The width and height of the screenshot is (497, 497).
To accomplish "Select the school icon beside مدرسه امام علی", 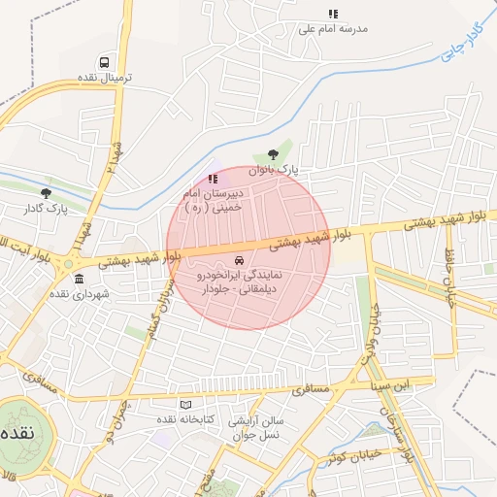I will coord(333,15).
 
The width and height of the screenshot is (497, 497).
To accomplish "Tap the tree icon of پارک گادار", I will coord(46,193).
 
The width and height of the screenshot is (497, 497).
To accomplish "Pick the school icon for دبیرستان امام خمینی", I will coord(213,179).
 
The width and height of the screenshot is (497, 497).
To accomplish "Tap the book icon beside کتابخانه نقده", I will coord(185,404).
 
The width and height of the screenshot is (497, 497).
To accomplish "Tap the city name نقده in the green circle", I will coord(18,432).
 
